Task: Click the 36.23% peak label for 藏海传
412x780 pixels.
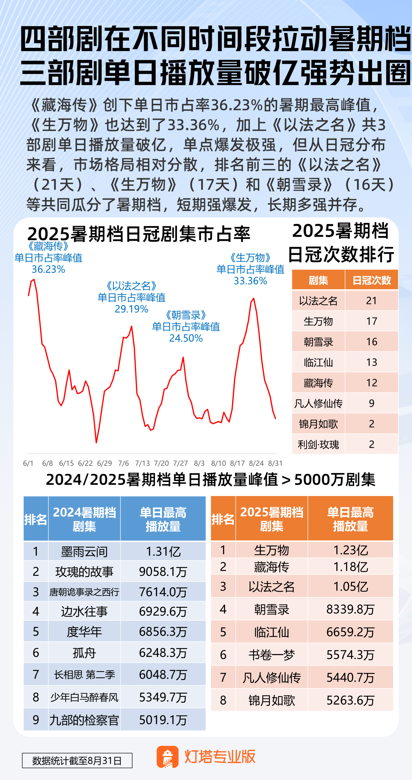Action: pyautogui.click(x=48, y=269)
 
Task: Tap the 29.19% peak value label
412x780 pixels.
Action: pyautogui.click(x=132, y=309)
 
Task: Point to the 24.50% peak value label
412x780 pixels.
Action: pyautogui.click(x=186, y=338)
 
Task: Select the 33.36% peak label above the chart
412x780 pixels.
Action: pyautogui.click(x=250, y=281)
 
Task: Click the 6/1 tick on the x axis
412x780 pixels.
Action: pyautogui.click(x=28, y=463)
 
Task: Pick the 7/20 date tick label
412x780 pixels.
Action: pyautogui.click(x=161, y=463)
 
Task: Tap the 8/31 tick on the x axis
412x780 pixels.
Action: pyautogui.click(x=275, y=463)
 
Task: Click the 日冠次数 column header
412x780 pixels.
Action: pyautogui.click(x=372, y=280)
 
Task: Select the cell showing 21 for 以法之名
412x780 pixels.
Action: pyautogui.click(x=372, y=301)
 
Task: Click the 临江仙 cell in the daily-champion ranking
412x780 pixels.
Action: pyautogui.click(x=318, y=362)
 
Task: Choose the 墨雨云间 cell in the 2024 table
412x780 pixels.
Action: pyautogui.click(x=84, y=552)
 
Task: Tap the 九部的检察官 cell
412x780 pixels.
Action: pyautogui.click(x=84, y=720)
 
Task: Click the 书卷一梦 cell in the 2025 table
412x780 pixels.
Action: pyautogui.click(x=271, y=655)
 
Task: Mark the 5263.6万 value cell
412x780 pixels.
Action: pyautogui.click(x=351, y=700)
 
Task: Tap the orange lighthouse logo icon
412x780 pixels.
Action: pyautogui.click(x=167, y=757)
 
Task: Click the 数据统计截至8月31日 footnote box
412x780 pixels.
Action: pyautogui.click(x=77, y=761)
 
